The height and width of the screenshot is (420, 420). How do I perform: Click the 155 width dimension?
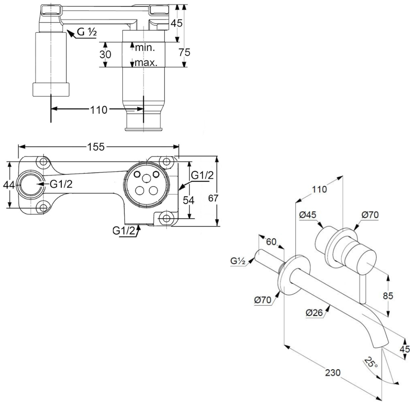pyautogui.click(x=97, y=147)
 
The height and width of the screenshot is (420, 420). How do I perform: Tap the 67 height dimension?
pyautogui.click(x=213, y=198)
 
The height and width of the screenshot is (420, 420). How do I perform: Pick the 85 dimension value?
pyautogui.click(x=388, y=296)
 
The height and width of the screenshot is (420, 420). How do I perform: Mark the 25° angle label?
pyautogui.click(x=371, y=362)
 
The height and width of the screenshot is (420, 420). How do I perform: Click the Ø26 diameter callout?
pyautogui.click(x=314, y=312)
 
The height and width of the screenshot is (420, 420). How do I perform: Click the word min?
pyautogui.click(x=145, y=47)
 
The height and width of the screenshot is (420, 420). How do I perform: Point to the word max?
pyautogui.click(x=146, y=63)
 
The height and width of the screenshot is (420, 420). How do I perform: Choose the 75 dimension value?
pyautogui.click(x=184, y=52)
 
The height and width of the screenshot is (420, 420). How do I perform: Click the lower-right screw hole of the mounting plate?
pyautogui.click(x=167, y=218)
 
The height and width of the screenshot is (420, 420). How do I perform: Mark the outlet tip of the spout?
pyautogui.click(x=381, y=345)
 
